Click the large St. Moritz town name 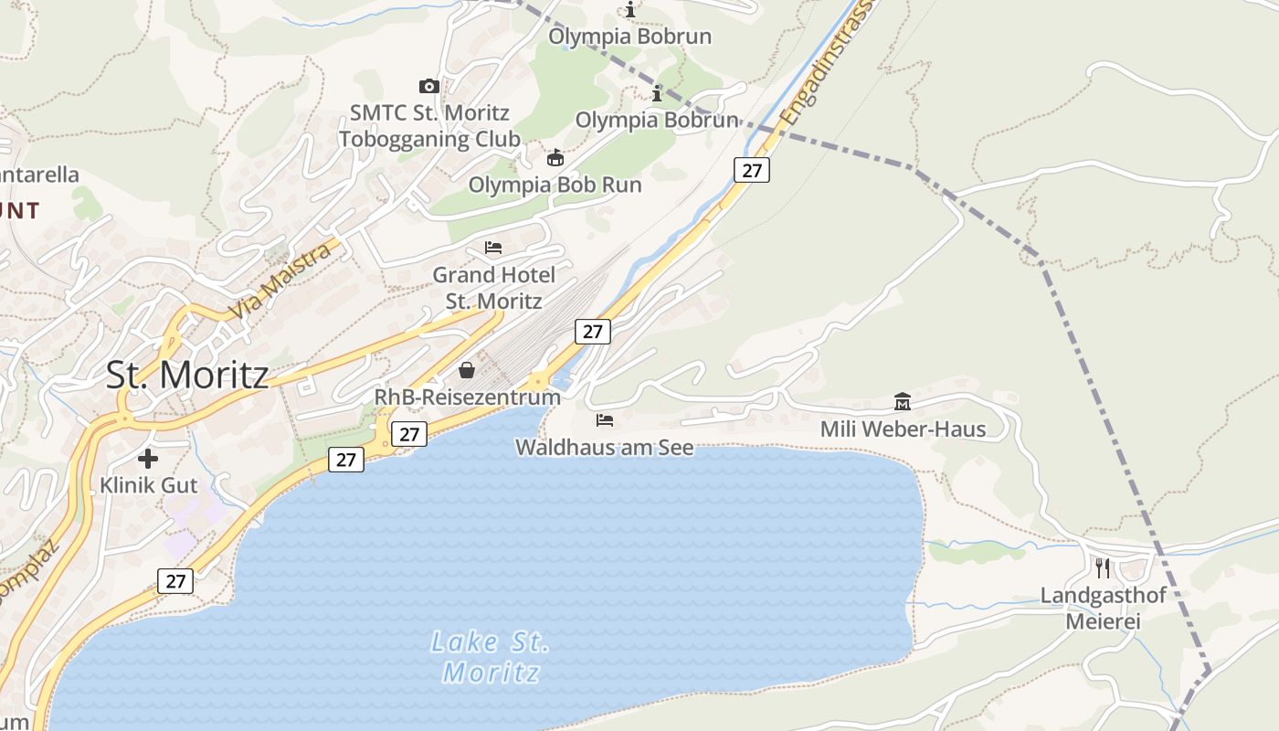tap(187, 375)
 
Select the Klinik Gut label tap(149, 485)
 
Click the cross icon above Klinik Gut tap(148, 459)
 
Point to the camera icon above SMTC tap(428, 86)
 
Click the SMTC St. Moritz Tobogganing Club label tap(429, 126)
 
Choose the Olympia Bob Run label tap(555, 185)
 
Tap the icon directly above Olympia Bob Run tap(555, 157)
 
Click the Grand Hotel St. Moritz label tap(493, 288)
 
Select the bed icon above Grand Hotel tap(493, 248)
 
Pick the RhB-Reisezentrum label tap(467, 397)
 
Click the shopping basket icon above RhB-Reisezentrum tap(467, 370)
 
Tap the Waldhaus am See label tap(604, 448)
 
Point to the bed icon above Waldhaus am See tap(604, 420)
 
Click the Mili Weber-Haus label tap(903, 429)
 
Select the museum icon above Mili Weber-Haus tap(903, 401)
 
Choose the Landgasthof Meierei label tap(1104, 609)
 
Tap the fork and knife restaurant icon tap(1103, 568)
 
